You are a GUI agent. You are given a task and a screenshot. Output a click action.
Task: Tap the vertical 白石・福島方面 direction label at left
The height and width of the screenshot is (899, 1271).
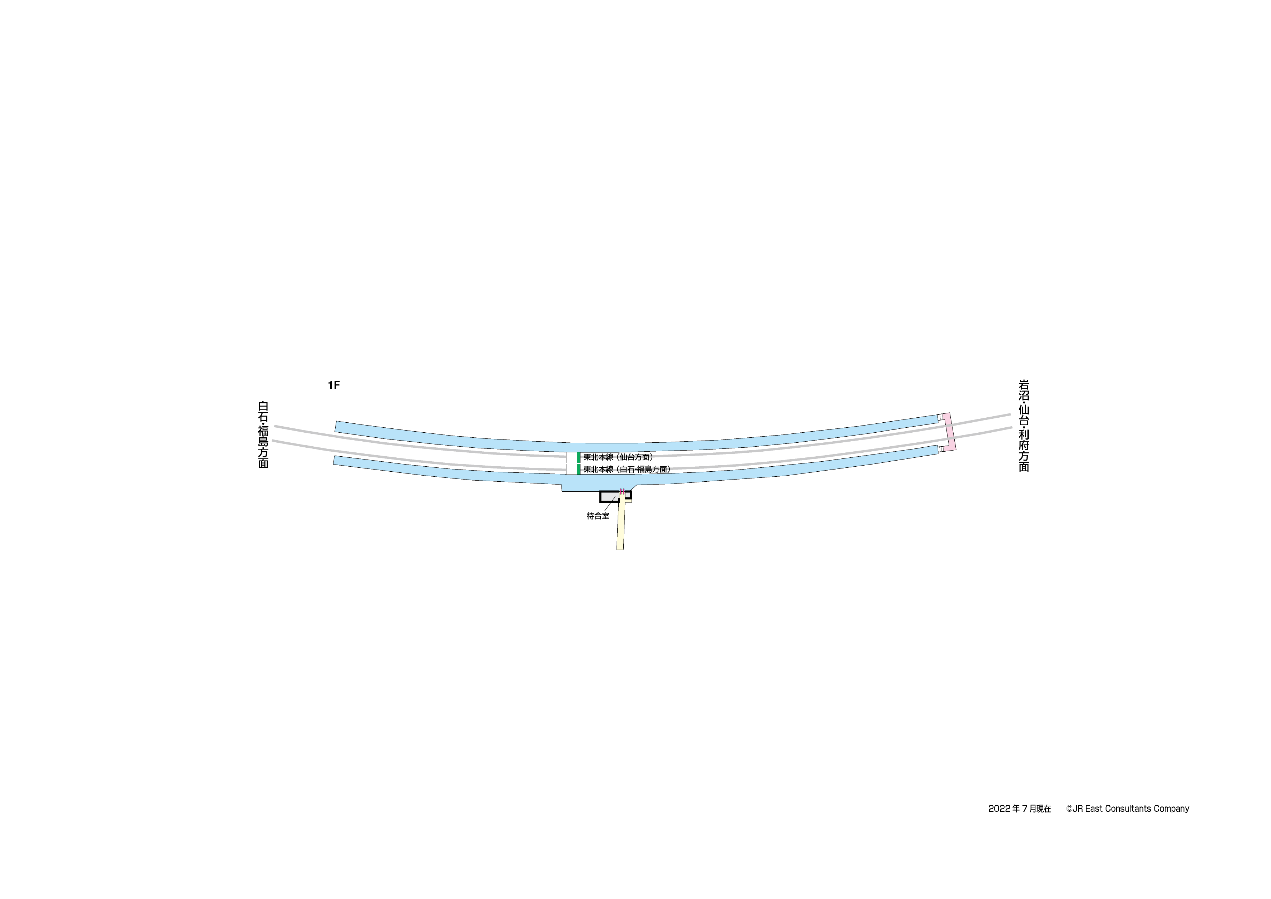[263, 435]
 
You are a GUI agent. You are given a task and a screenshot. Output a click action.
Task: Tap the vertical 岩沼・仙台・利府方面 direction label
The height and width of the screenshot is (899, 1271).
[1024, 426]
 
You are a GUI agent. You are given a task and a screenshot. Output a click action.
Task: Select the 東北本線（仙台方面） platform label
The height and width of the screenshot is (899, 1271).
[618, 457]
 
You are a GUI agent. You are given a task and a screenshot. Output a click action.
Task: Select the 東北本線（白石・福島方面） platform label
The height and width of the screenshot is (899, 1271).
[627, 469]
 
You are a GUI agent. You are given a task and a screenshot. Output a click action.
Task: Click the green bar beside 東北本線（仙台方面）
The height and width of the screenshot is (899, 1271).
[578, 457]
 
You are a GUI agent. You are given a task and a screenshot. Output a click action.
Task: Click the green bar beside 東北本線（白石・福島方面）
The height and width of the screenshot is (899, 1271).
[578, 469]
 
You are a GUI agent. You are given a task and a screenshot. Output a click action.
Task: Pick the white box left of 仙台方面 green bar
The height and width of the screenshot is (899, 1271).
[571, 457]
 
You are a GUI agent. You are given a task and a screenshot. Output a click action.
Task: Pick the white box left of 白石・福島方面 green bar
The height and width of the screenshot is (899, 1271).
[571, 469]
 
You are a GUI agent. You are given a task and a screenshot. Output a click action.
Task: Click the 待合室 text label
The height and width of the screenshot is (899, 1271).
[598, 516]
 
